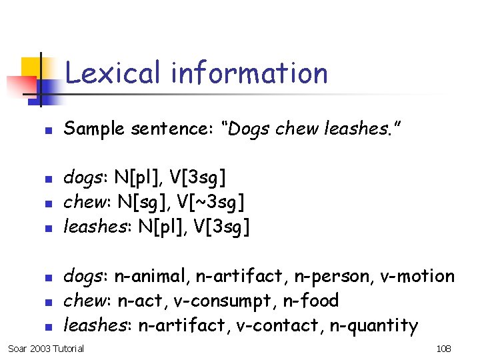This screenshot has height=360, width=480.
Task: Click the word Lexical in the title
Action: tap(112, 73)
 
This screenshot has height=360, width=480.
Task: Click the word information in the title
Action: tap(249, 73)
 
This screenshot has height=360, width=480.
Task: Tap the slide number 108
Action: tap(443, 349)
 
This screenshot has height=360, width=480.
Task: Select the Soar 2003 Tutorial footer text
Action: tap(46, 349)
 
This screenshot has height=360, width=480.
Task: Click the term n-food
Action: tap(312, 301)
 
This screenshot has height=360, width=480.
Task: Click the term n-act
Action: tap(142, 301)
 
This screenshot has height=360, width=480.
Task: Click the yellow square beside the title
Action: tap(32, 67)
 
